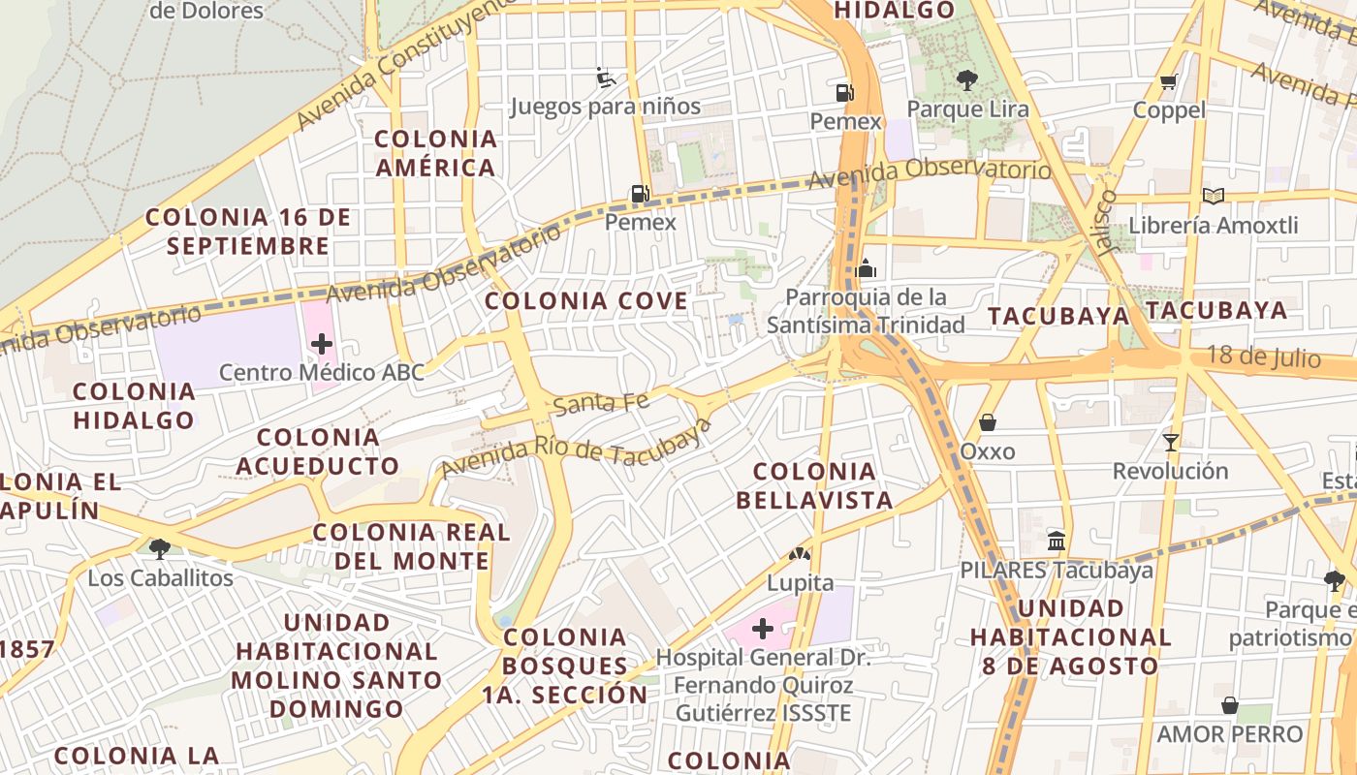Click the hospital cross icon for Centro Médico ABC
pyautogui.click(x=321, y=343)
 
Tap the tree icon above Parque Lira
pyautogui.click(x=966, y=79)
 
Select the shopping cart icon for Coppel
pyautogui.click(x=1169, y=81)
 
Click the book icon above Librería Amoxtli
pyautogui.click(x=1213, y=196)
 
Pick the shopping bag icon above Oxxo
pyautogui.click(x=987, y=422)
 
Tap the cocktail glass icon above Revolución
pyautogui.click(x=1170, y=443)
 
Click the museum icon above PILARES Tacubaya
pyautogui.click(x=1057, y=541)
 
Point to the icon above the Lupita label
pyautogui.click(x=800, y=554)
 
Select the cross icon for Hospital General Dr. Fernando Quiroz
pyautogui.click(x=763, y=629)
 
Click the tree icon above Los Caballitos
pyautogui.click(x=160, y=548)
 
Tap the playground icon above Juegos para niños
pyautogui.click(x=606, y=77)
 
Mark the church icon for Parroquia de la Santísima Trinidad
pyautogui.click(x=866, y=267)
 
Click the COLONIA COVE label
pyautogui.click(x=586, y=301)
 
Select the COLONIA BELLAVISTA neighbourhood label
pyautogui.click(x=814, y=485)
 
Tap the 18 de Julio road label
pyautogui.click(x=1263, y=356)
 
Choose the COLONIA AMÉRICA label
pyautogui.click(x=436, y=153)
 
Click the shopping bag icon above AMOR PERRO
pyautogui.click(x=1229, y=705)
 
